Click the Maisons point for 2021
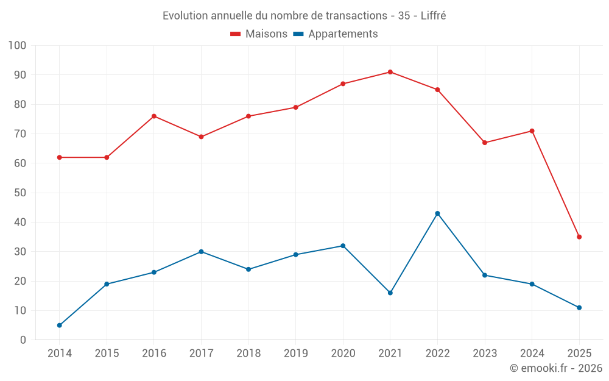pyautogui.click(x=390, y=72)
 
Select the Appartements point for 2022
pyautogui.click(x=437, y=213)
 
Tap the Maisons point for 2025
pyautogui.click(x=579, y=237)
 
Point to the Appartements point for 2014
pyautogui.click(x=60, y=326)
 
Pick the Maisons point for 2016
pyautogui.click(x=154, y=116)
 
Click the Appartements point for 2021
pyautogui.click(x=390, y=293)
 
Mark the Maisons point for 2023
pyautogui.click(x=485, y=143)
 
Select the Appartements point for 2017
pyautogui.click(x=201, y=252)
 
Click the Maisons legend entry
pyautogui.click(x=259, y=34)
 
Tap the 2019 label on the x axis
pyautogui.click(x=295, y=354)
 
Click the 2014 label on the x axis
pyautogui.click(x=60, y=354)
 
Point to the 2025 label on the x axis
pyautogui.click(x=579, y=354)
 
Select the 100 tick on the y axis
pyautogui.click(x=18, y=46)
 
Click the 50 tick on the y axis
pyautogui.click(x=20, y=193)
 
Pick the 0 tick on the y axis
pyautogui.click(x=23, y=340)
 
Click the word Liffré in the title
pyautogui.click(x=434, y=16)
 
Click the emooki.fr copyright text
pyautogui.click(x=555, y=368)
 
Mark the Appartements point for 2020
pyautogui.click(x=343, y=246)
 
